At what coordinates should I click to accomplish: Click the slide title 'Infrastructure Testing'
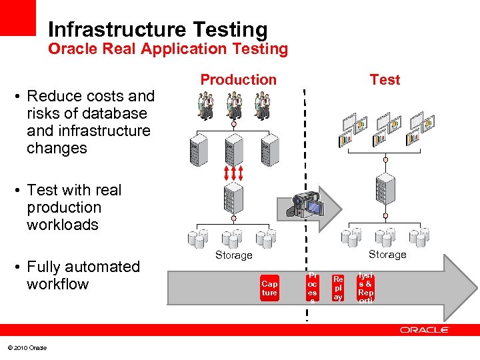click(157, 29)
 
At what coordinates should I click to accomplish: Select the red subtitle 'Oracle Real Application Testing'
click(168, 49)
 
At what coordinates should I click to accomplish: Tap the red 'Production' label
click(238, 79)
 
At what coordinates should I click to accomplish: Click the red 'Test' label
click(385, 79)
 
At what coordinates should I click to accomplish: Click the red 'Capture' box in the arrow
click(269, 288)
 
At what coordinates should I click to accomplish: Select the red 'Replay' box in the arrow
click(338, 288)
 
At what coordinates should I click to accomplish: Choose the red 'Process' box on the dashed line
click(312, 288)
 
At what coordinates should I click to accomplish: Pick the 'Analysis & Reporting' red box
click(365, 288)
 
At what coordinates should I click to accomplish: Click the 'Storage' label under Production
click(233, 255)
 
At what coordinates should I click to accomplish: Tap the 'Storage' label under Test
click(387, 254)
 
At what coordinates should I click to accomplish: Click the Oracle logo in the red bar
click(425, 330)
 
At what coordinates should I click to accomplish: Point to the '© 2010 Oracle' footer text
click(27, 348)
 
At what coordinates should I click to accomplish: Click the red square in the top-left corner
click(18, 17)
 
